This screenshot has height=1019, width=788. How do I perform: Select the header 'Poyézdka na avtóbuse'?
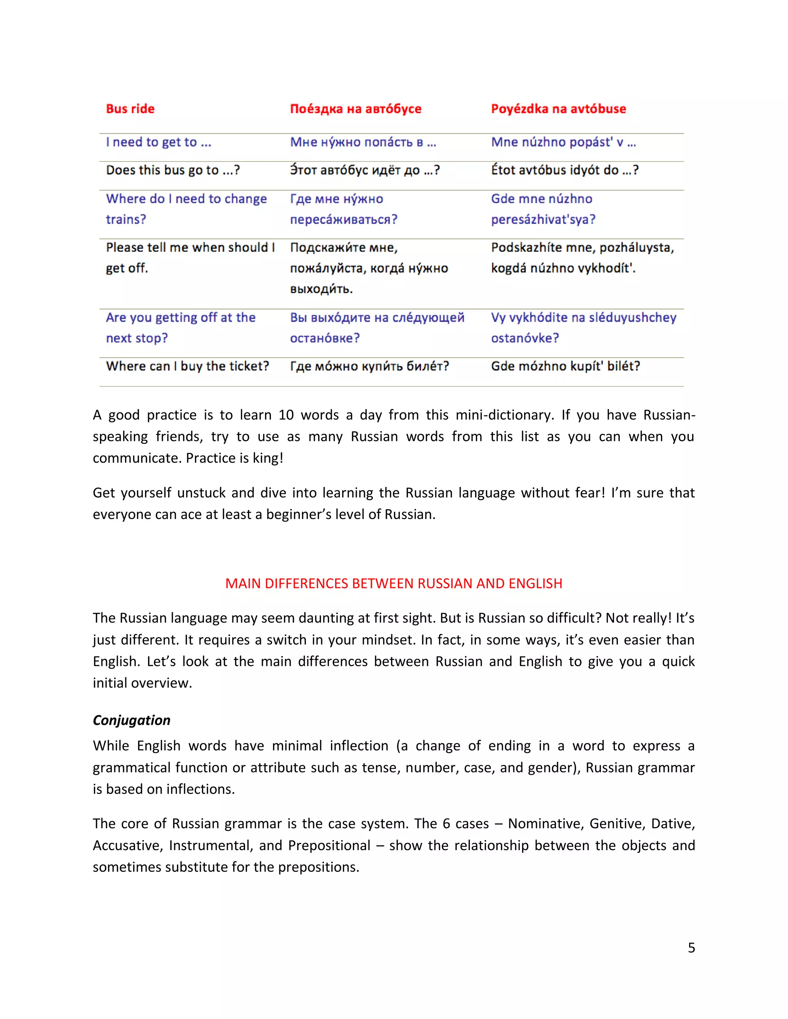coord(558,109)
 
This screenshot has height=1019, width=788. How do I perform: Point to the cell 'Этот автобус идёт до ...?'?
coord(365,170)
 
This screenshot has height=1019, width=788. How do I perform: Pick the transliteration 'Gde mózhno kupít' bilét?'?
coord(565,366)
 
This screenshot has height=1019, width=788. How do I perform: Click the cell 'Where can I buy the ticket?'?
coord(187,366)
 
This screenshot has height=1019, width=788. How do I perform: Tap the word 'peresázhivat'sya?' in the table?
coord(543,219)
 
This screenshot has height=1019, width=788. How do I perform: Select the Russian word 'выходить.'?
coord(321,289)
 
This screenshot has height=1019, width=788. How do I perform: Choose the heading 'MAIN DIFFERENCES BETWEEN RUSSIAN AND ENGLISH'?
coord(394,584)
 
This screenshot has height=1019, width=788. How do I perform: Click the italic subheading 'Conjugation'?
coord(132,720)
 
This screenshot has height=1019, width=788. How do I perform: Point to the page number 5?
coord(691,947)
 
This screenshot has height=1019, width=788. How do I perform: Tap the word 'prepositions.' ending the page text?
coord(319,867)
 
